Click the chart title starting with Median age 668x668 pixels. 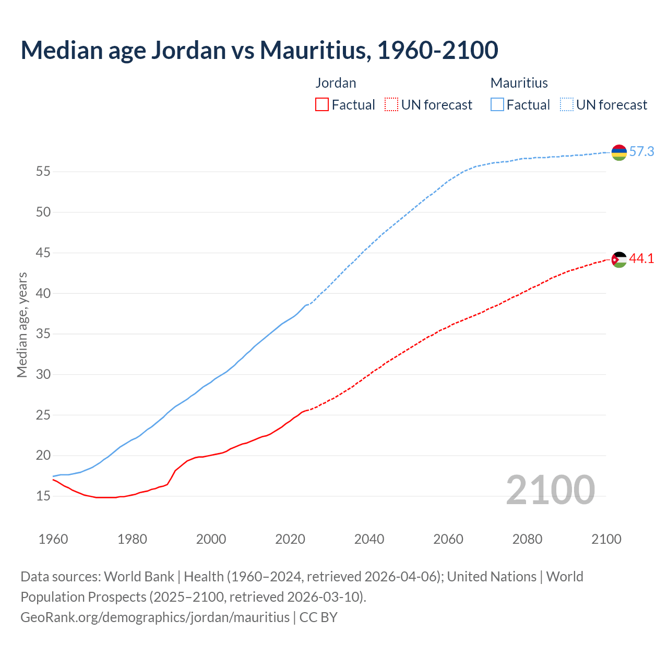259,50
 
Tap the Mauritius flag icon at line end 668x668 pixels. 619,152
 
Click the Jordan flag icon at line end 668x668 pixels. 619,259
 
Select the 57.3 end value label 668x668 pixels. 641,152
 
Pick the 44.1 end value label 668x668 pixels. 641,259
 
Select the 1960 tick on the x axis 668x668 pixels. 53,539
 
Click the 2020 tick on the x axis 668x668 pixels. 290,539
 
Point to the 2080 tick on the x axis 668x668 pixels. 527,539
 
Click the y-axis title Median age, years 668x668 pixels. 22,325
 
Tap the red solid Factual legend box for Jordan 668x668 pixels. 322,105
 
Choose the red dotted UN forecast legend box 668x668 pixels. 391,105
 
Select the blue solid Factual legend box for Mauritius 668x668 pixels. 497,105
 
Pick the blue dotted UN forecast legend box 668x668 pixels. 566,105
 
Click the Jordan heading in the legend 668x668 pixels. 336,83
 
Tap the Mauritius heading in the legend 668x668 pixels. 519,83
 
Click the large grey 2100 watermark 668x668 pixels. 551,490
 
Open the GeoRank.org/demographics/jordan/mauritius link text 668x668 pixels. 155,617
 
